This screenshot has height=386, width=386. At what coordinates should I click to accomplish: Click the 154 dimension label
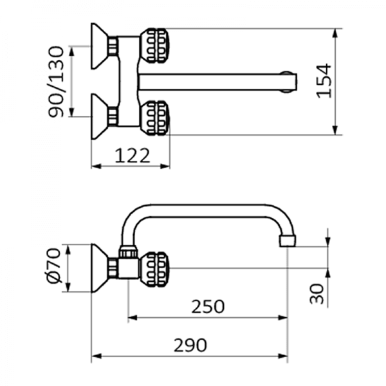pos(325,80)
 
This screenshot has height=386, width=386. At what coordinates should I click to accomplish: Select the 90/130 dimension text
pos(58,82)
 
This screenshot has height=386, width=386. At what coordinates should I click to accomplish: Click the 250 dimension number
pos(208,307)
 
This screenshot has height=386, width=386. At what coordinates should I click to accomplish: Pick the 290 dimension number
pos(190,345)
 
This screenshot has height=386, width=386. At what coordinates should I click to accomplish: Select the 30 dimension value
pos(317,295)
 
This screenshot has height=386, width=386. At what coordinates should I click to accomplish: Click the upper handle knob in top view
pos(155,45)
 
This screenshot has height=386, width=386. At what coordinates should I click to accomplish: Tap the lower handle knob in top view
pos(155,118)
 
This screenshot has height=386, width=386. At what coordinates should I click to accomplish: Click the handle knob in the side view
pos(155,268)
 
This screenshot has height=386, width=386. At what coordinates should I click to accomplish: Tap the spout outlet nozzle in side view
pos(287,243)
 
